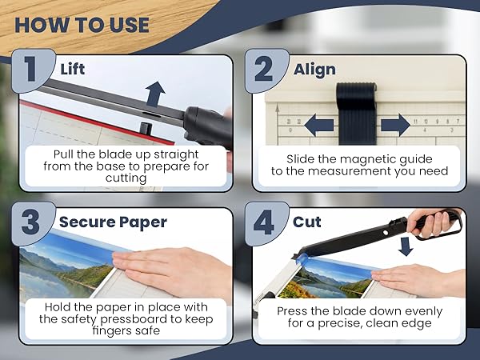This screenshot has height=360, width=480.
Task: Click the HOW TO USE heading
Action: click(82, 23)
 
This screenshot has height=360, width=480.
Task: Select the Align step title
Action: click(314, 69)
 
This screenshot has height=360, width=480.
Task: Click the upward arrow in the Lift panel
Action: click(155, 93)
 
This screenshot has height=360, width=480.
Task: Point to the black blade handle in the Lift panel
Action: click(206, 128)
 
